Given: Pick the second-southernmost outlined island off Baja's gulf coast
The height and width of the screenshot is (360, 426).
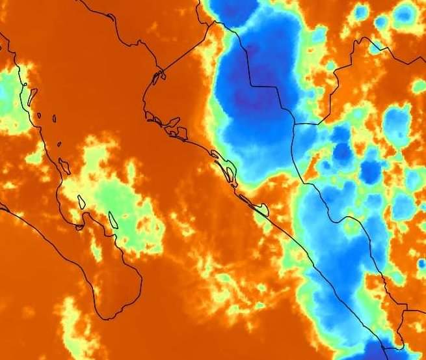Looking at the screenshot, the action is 82,201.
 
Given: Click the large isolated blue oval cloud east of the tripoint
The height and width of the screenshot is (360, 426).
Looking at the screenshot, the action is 396,121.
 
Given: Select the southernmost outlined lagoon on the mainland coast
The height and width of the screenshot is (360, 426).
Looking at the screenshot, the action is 260,210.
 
